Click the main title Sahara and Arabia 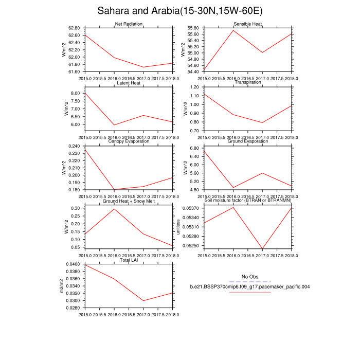tap(180, 11)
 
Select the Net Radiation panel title tap(129, 24)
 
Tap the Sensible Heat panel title tap(248, 24)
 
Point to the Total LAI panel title tap(129, 261)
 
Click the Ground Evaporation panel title tap(248, 141)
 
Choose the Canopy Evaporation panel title tap(129, 141)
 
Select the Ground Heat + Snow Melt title tap(129, 201)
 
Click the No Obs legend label tap(249, 277)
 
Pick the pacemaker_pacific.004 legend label tap(249, 286)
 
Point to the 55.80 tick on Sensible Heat tap(193, 28)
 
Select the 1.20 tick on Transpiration tap(194, 87)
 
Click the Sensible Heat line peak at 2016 tap(233, 30)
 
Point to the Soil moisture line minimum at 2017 tap(263, 249)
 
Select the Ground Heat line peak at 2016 tap(114, 209)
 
